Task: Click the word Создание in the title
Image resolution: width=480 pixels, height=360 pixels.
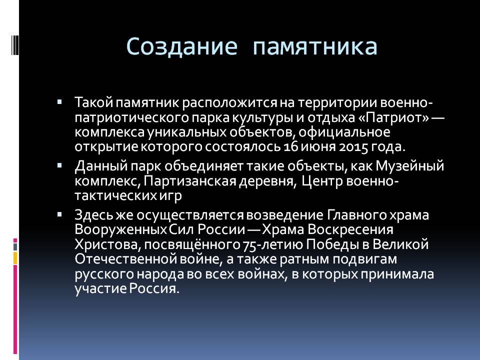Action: [181, 46]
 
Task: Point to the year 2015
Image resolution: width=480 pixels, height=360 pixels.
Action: [353, 147]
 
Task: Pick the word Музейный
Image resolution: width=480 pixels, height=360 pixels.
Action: [409, 166]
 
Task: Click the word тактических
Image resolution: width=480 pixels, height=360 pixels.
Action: [115, 195]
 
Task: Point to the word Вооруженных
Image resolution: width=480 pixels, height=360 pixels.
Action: [120, 230]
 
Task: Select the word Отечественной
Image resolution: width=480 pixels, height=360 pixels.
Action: [125, 259]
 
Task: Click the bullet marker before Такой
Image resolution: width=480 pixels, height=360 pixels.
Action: [59, 101]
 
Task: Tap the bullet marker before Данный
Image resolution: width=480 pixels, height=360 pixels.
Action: [59, 165]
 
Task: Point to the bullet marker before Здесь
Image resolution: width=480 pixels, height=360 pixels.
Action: [59, 214]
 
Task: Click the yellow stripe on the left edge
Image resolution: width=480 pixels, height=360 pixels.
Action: [15, 258]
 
